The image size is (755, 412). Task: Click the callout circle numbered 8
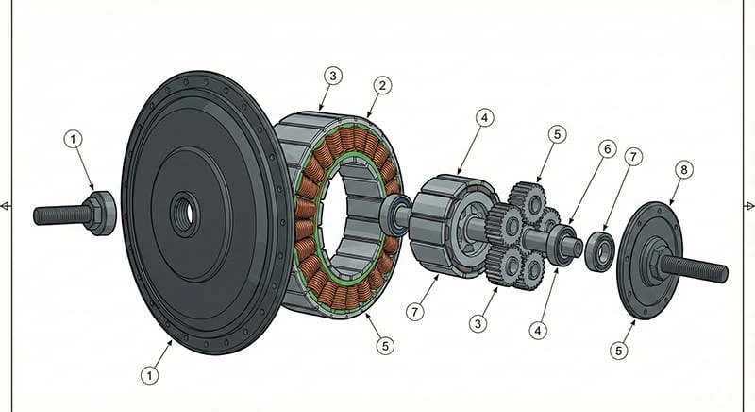coord(681,170)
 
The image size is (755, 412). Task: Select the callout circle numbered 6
coord(606,149)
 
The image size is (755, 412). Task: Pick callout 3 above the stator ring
coord(331,74)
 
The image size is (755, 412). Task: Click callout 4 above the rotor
coord(484,119)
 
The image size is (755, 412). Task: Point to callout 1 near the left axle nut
coord(74,139)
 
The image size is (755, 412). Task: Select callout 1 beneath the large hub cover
coord(149,374)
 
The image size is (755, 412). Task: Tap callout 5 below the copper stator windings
coord(383,345)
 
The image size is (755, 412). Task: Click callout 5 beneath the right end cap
coord(619,351)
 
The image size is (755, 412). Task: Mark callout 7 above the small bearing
coord(633,156)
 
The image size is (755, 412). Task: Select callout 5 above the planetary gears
coord(557,135)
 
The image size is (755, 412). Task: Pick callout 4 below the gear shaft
coord(538,332)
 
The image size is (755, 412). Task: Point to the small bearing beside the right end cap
coord(600,249)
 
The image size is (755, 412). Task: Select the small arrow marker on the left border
coord(6,205)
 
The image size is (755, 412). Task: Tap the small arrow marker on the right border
coord(749,205)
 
